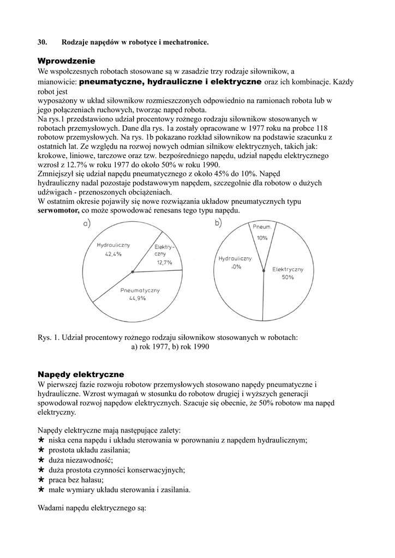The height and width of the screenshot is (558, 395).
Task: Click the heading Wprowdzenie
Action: pos(66,60)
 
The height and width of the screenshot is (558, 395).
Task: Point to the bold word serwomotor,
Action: pos(58,210)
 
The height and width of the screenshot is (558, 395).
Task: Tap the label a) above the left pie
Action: pos(86,223)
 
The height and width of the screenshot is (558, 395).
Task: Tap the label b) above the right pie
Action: pos(218,222)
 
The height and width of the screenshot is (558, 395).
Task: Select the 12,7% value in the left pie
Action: pos(164,262)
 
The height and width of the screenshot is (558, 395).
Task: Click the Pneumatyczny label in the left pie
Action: pos(140,290)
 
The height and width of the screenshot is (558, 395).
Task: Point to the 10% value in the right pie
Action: pos(262,238)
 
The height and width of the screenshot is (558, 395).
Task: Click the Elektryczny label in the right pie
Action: pos(288,269)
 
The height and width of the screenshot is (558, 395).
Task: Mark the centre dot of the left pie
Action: pos(133,271)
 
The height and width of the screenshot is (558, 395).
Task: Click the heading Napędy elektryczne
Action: pos(81,374)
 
